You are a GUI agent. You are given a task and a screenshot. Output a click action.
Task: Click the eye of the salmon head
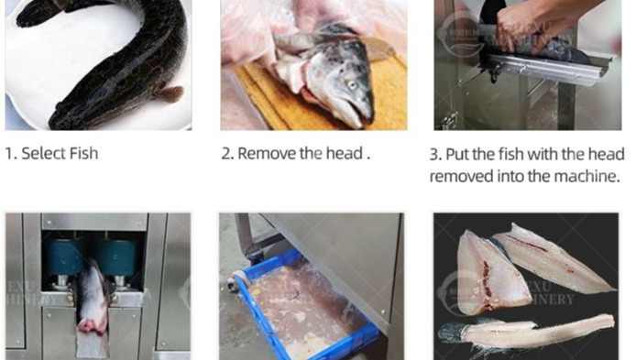tap(352, 84)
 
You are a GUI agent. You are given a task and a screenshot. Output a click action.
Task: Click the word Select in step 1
tap(43, 154)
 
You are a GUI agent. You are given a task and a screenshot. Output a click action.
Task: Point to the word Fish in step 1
tap(83, 154)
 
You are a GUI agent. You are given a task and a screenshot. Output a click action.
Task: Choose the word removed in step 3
tap(460, 176)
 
